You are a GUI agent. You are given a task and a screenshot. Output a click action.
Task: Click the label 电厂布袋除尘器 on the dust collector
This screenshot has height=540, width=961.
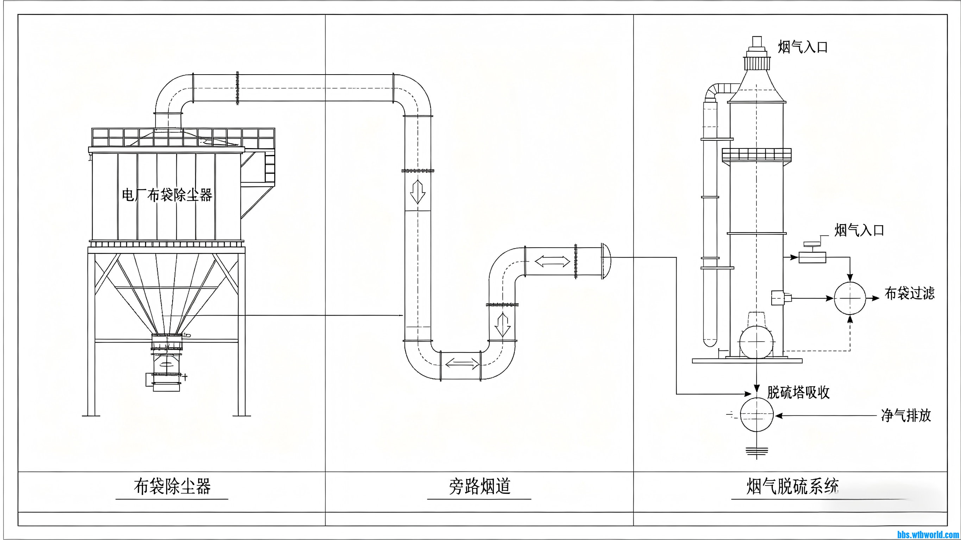[x=167, y=195]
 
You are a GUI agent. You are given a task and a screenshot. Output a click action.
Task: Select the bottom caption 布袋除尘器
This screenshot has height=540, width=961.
[x=172, y=487]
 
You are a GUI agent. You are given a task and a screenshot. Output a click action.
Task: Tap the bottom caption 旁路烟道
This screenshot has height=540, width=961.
[x=479, y=486]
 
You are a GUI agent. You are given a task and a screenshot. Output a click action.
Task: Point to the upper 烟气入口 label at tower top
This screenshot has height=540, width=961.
[x=803, y=47]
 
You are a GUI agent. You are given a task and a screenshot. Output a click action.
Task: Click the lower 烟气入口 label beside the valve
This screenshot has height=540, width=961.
[x=859, y=230]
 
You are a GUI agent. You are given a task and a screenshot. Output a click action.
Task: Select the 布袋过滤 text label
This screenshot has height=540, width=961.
[x=910, y=293]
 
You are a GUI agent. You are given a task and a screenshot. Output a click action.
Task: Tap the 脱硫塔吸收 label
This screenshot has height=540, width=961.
[x=798, y=392]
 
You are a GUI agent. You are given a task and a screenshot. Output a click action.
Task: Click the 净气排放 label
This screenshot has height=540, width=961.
[x=906, y=415]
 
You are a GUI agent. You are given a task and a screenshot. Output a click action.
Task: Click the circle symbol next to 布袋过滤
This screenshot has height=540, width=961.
[x=850, y=298]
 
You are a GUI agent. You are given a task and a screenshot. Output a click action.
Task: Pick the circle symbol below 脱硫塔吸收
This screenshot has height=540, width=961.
[x=756, y=415]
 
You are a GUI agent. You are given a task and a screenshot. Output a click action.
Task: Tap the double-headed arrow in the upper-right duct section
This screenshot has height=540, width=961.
[x=552, y=261]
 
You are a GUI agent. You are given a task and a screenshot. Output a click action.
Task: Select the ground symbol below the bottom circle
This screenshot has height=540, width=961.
[x=756, y=451]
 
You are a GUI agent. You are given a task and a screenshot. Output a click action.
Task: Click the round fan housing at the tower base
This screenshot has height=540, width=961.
[x=756, y=342]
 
